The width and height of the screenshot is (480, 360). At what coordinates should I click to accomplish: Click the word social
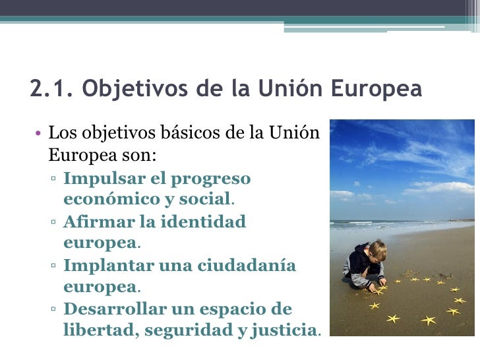(x=206, y=199)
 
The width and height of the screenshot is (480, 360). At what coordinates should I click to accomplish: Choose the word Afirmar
(x=92, y=222)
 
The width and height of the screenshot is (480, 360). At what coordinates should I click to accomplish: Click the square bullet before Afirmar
(x=53, y=222)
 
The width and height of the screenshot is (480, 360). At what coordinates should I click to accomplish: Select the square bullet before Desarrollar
(x=53, y=310)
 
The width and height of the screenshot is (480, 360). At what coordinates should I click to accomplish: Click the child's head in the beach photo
(x=376, y=251)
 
